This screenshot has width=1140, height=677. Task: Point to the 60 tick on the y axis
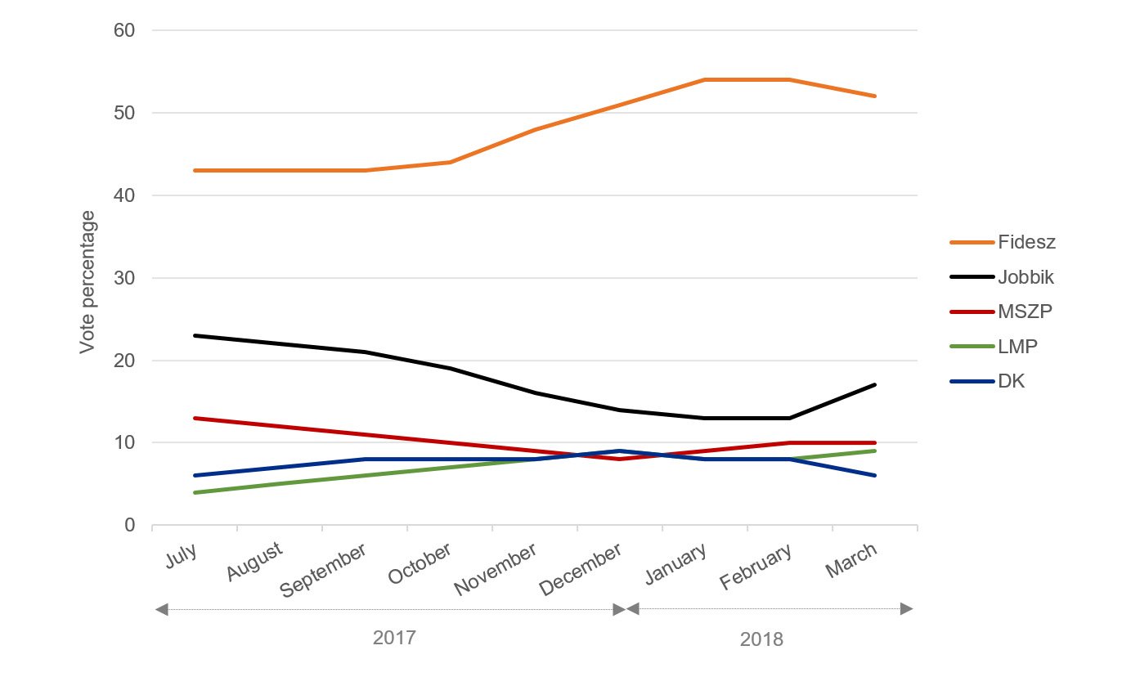[x=123, y=30]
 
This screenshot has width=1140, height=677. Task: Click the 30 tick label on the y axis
[x=123, y=278]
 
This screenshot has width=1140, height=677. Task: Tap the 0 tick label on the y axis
[x=128, y=525]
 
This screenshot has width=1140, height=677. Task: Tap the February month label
[x=756, y=565]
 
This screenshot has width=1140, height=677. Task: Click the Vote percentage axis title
[x=88, y=282]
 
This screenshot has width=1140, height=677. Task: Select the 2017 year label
[x=394, y=638]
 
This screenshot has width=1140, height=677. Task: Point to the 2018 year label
[x=761, y=639]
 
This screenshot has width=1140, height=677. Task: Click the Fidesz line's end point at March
[x=875, y=96]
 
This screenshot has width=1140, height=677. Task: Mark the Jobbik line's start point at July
[x=195, y=335]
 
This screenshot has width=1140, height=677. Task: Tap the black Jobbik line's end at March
[x=875, y=384]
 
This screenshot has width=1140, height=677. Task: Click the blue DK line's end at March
[x=875, y=475]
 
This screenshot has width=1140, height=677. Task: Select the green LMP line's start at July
[x=195, y=492]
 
